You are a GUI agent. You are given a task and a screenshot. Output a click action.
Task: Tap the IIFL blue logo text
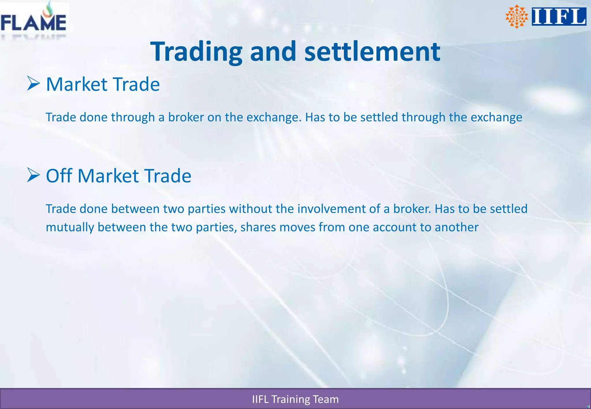[559, 16]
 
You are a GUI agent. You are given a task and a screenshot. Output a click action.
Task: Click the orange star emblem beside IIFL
[517, 16]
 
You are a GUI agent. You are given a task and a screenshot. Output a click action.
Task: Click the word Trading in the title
[196, 52]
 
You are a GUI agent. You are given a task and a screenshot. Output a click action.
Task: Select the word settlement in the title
[372, 52]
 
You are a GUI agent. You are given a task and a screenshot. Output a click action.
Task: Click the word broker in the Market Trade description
[186, 117]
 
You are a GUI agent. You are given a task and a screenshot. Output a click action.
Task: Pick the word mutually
[70, 227]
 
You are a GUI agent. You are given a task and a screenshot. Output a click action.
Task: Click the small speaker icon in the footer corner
[588, 406]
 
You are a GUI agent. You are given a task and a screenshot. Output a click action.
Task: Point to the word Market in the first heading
[77, 84]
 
